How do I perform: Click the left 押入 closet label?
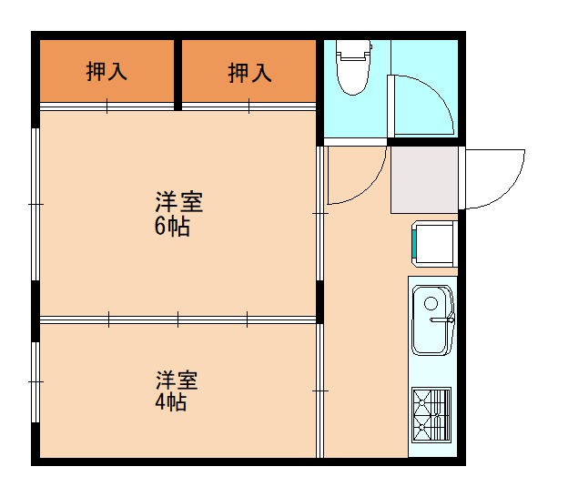click(106, 72)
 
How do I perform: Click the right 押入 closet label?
click(249, 72)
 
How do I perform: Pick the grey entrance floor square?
click(424, 179)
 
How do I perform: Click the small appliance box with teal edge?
click(434, 243)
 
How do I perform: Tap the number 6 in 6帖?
click(160, 228)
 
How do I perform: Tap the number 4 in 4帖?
click(160, 401)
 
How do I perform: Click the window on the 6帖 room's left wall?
click(35, 205)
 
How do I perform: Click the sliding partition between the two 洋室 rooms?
click(177, 319)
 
